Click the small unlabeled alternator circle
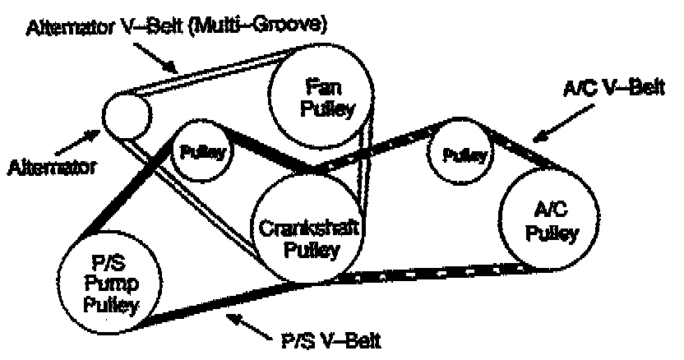click(x=127, y=115)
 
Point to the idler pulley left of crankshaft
click(x=202, y=150)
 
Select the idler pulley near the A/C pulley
click(x=460, y=154)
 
